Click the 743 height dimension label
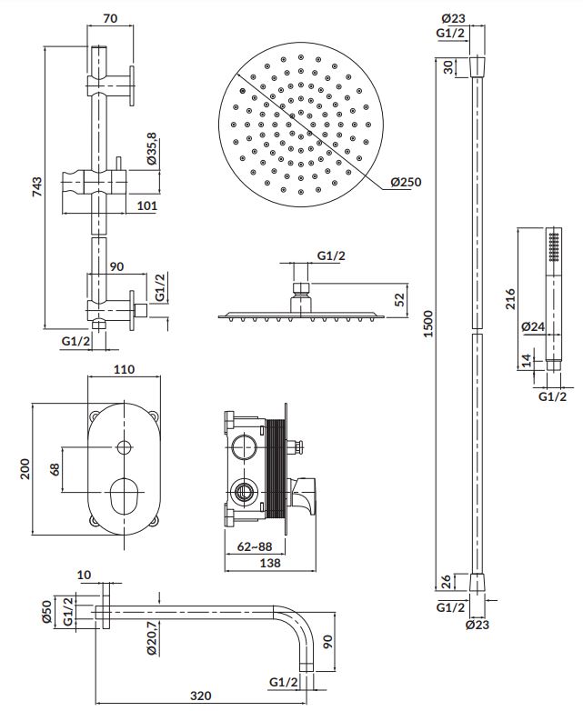pos(36,186)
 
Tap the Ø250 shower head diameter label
pos(406,182)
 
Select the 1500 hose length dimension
pos(427,324)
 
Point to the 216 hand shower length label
pos(511,299)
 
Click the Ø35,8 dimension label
pos(152,149)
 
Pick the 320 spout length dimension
pos(200,696)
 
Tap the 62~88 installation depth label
pos(255,546)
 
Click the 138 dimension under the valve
pos(270,563)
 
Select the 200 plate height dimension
pos(25,469)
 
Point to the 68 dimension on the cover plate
pos(55,469)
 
